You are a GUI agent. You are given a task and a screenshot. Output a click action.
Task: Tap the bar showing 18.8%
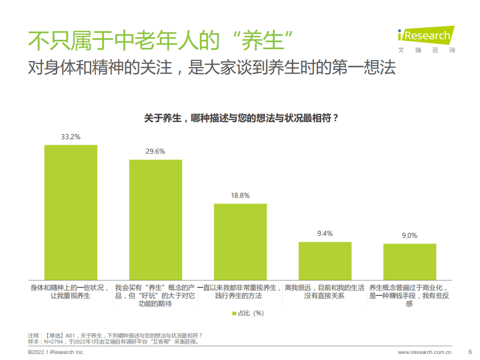pos(240,241)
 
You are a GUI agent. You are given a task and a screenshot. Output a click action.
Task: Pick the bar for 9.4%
pos(325,260)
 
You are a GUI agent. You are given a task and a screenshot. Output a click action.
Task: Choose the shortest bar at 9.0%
pos(409,261)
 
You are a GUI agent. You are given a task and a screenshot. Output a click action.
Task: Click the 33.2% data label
pos(71,136)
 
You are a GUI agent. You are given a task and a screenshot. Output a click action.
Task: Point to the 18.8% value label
pos(240,195)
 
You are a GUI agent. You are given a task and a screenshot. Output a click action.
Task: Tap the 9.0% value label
pos(409,235)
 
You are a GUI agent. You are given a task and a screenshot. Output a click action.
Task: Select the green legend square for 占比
pos(234,313)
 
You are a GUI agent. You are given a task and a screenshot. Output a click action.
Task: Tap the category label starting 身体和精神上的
pos(71,291)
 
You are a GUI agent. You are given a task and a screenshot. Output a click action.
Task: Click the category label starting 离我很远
pos(325,291)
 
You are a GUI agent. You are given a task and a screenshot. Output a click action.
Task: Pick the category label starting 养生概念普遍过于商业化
pos(409,295)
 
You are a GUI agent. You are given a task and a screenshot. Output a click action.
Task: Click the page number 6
pos(469,350)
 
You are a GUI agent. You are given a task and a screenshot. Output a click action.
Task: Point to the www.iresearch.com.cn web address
pos(424,351)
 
